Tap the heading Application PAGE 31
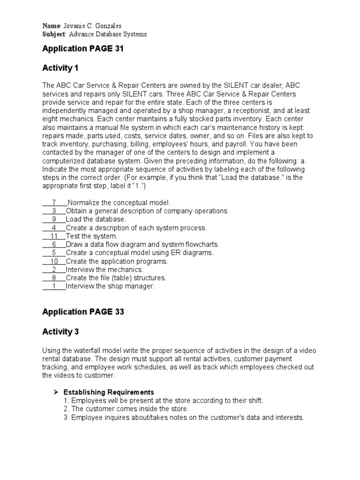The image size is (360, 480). coord(83,49)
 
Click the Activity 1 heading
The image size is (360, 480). coord(60,68)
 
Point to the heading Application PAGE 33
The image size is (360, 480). coord(83,312)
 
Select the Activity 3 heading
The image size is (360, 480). coord(60,332)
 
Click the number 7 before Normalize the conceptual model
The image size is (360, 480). coord(54,202)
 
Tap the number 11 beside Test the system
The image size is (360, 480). coord(54,236)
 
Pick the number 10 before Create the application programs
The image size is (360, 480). coord(54,261)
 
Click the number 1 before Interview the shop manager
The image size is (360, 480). coord(54,286)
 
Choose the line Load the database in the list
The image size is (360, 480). coord(96,219)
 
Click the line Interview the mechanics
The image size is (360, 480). coord(105,270)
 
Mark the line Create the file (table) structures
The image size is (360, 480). coord(116,278)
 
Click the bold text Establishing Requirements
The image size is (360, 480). coord(109,392)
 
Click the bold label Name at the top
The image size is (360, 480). coord(52,26)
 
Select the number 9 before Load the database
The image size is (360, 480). coord(54,219)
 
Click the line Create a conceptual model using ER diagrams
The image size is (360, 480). coord(140,253)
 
